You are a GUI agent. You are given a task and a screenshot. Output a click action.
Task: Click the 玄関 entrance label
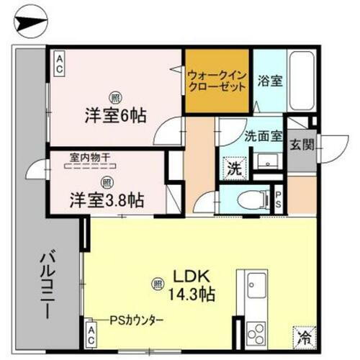point(301,144)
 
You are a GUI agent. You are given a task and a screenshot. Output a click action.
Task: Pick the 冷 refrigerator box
point(303,335)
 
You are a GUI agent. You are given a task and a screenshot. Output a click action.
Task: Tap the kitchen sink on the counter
point(256,285)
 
